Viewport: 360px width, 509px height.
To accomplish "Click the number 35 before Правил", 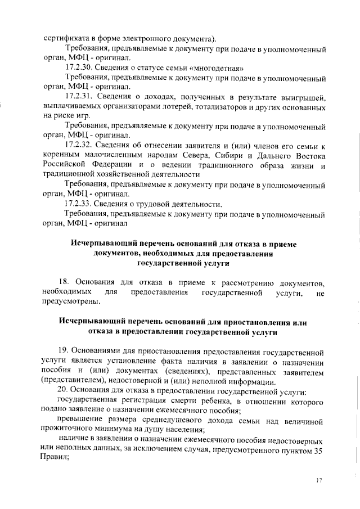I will coord(316,451).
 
